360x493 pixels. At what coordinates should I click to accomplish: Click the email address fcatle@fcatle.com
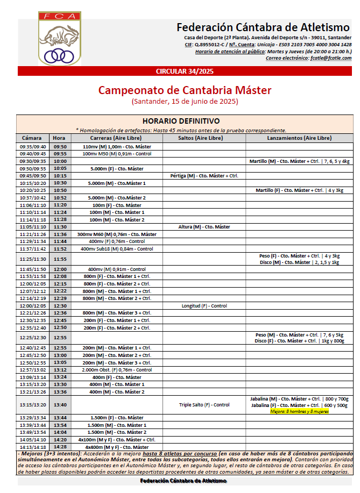330,58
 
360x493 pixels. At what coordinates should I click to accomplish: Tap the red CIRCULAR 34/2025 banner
185,72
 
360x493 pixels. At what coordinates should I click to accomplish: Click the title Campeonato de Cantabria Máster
185,90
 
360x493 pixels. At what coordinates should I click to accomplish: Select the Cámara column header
33,138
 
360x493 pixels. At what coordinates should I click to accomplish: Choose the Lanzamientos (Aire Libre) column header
299,138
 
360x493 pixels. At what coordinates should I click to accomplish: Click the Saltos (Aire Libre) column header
204,138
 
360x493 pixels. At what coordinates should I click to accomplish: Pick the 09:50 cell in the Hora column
60,146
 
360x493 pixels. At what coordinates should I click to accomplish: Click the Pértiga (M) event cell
204,176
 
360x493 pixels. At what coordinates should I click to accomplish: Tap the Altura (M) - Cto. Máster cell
204,227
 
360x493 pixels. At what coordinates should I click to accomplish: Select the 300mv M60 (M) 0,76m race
117,234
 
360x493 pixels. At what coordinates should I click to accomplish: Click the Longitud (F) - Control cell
204,305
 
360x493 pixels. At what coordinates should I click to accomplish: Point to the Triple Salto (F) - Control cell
204,405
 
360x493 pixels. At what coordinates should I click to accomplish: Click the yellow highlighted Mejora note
299,411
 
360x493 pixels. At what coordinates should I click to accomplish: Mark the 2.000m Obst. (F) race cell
117,370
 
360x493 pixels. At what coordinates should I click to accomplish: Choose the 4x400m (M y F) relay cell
117,447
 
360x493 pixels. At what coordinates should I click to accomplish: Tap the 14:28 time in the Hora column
60,447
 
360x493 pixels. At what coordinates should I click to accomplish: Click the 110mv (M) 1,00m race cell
117,146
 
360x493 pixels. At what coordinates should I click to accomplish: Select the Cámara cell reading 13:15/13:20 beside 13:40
33,405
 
